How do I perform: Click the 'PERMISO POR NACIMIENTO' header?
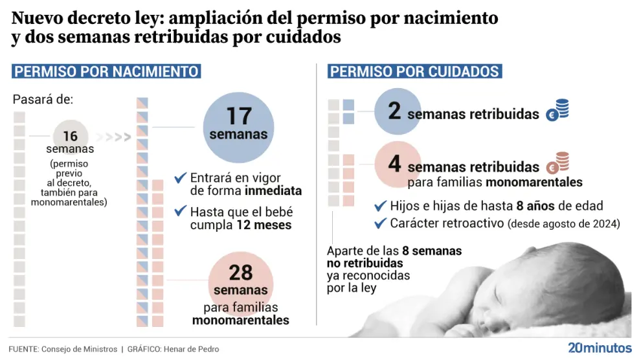[x=106, y=71]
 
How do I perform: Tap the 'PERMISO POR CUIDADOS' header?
[x=415, y=71]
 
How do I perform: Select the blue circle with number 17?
[x=238, y=125]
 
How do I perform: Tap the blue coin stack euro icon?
[x=557, y=111]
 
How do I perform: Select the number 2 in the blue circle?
[x=394, y=111]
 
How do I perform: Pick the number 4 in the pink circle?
[x=394, y=163]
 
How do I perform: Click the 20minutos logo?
[x=599, y=347]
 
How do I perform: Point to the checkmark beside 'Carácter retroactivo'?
[x=380, y=223]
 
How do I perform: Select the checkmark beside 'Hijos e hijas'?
[x=380, y=206]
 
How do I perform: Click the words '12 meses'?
[x=264, y=225]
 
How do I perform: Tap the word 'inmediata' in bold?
[x=273, y=191]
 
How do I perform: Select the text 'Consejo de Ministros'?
[x=79, y=349]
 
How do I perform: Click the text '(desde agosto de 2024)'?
[x=563, y=224]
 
